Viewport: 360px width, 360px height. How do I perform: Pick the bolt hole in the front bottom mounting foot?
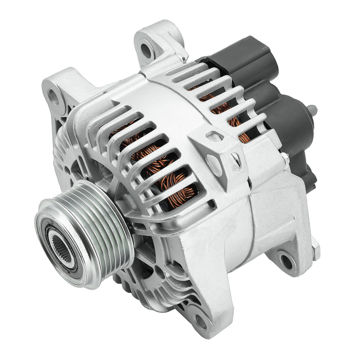[x=201, y=320]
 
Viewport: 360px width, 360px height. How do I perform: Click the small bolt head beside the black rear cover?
[x=285, y=157]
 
